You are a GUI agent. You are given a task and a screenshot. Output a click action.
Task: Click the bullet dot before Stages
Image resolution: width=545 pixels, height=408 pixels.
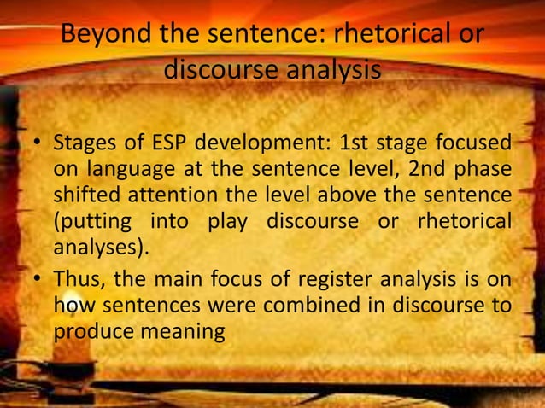(37, 142)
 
